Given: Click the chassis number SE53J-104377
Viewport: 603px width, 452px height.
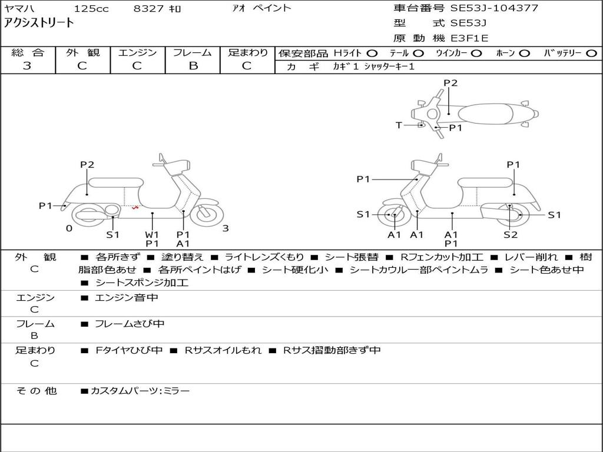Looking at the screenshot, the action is (494, 8).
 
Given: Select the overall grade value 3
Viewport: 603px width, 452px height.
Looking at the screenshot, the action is (27, 66).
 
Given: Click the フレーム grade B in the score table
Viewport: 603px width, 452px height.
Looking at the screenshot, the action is (193, 66).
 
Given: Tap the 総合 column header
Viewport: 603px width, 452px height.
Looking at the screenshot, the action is (27, 52).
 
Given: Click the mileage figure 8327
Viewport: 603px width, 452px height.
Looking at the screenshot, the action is (149, 8).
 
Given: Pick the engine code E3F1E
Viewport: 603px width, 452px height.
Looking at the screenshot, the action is (469, 39).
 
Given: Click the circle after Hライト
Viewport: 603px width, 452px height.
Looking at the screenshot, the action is (372, 53).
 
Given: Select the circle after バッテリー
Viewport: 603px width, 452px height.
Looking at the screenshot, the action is (591, 53).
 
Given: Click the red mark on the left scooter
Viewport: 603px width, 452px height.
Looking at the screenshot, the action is (135, 207).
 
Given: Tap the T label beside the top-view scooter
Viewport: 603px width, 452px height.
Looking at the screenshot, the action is (399, 125).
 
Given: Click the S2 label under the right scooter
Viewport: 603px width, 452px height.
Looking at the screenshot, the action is (510, 235).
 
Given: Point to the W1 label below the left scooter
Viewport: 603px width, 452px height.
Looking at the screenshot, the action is (152, 235).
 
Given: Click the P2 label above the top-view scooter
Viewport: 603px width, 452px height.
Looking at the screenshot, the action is (450, 83).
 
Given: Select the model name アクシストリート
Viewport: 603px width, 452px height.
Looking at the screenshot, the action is (39, 23).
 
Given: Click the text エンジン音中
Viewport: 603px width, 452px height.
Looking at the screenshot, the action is (127, 298).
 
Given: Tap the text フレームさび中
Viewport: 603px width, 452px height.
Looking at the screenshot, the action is (130, 324).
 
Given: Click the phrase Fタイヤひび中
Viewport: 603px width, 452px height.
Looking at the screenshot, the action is (129, 350).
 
